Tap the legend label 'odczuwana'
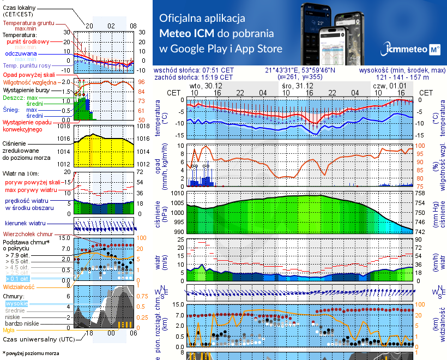click(21, 54)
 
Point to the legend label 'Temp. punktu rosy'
click(26, 65)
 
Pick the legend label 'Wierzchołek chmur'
click(28, 233)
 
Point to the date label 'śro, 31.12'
click(295, 86)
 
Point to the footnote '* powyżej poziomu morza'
click(31, 353)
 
